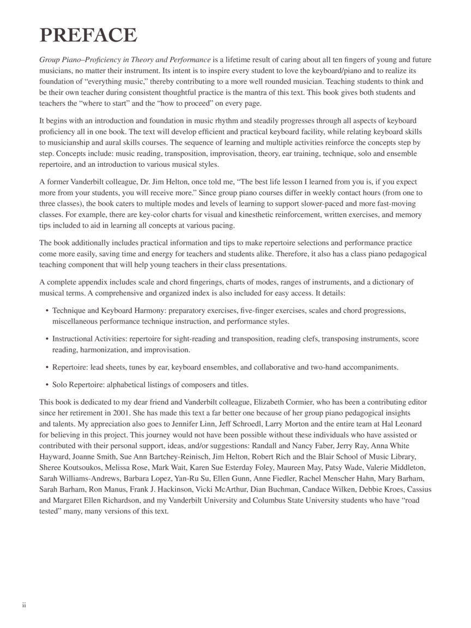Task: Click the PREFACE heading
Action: tap(88, 35)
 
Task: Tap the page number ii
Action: tap(24, 605)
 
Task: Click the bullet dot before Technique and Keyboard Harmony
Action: tap(47, 311)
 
